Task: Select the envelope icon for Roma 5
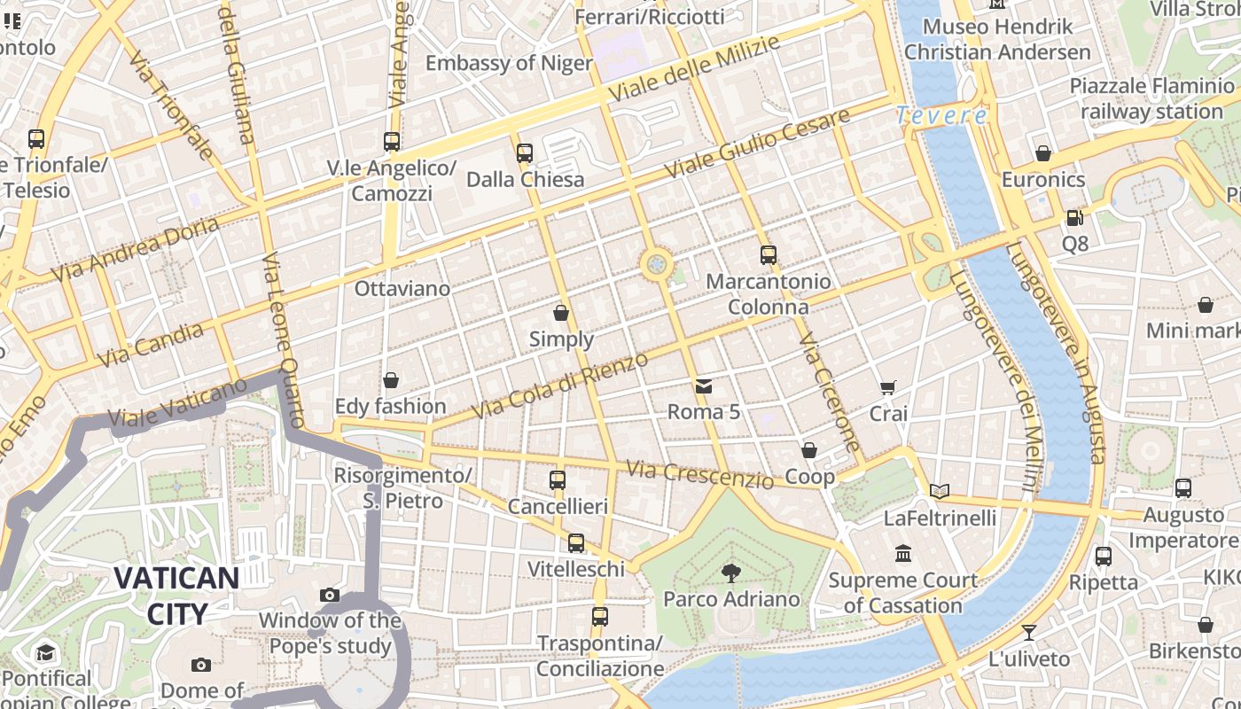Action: click(x=704, y=386)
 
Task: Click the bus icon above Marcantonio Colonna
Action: click(x=769, y=255)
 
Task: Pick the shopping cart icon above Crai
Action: click(x=887, y=387)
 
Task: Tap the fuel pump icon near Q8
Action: click(x=1074, y=217)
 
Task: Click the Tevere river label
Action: click(x=941, y=115)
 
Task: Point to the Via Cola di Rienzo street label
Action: click(x=561, y=384)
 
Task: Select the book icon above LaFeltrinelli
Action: click(x=940, y=491)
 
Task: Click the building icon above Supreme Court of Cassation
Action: click(x=903, y=554)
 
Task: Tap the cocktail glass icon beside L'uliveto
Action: click(x=1028, y=633)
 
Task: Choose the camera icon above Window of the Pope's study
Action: click(x=330, y=595)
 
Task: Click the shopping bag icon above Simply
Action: click(x=561, y=313)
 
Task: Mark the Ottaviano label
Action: click(x=402, y=289)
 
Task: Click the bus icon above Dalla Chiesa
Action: click(x=525, y=152)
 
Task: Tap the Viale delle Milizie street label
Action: click(x=694, y=68)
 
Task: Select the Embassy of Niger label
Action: click(x=509, y=63)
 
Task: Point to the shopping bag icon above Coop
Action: click(x=809, y=451)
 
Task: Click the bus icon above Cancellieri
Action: click(x=558, y=480)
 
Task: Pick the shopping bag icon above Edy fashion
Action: click(x=391, y=380)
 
